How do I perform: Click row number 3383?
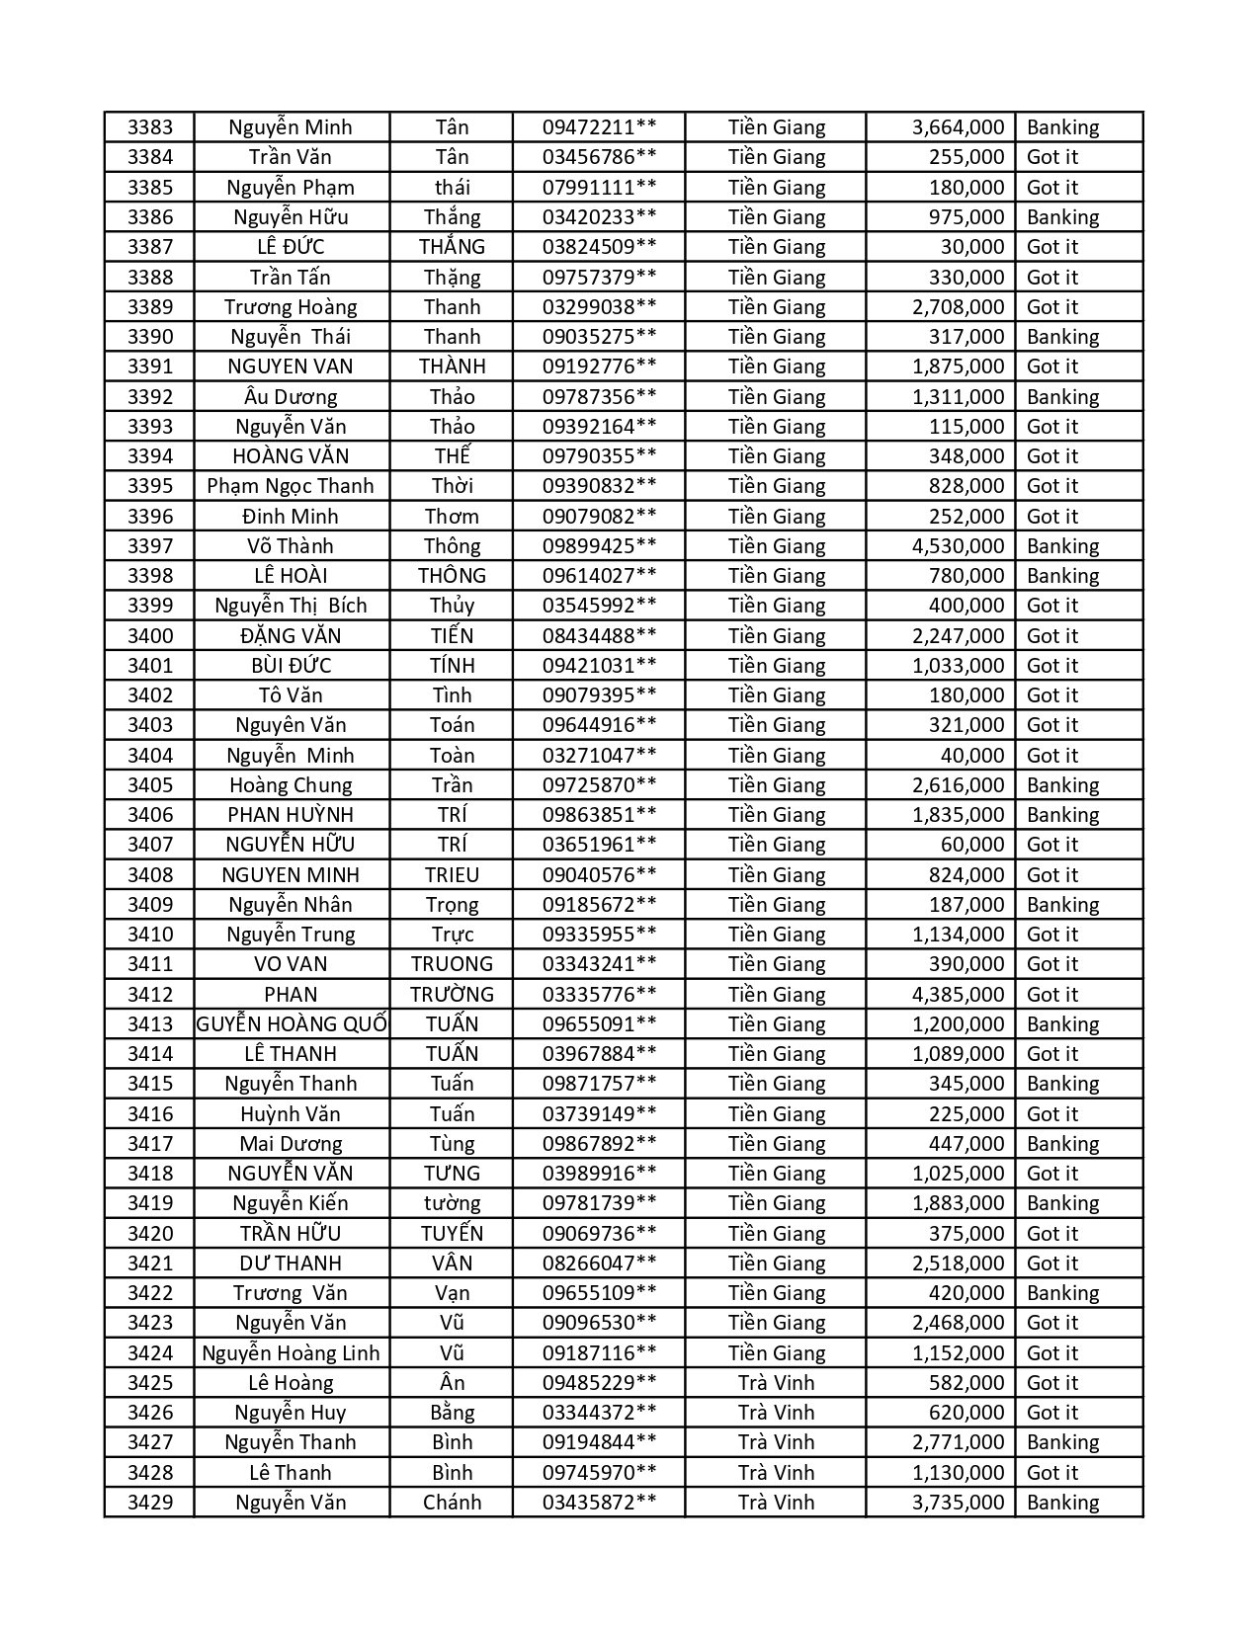149,127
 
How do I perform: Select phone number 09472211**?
599,127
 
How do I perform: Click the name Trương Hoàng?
291,307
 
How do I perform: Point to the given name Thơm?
452,517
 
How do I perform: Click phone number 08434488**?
599,636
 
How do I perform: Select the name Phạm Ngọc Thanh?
291,486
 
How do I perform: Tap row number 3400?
149,636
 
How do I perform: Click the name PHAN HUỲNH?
291,815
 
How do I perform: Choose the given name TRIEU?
452,875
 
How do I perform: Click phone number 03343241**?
599,964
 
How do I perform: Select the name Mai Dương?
291,1144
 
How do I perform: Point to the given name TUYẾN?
452,1234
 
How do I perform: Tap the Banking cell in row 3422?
1062,1293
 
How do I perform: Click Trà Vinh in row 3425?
776,1383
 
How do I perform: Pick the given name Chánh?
452,1503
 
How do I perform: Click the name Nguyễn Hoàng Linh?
291,1353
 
